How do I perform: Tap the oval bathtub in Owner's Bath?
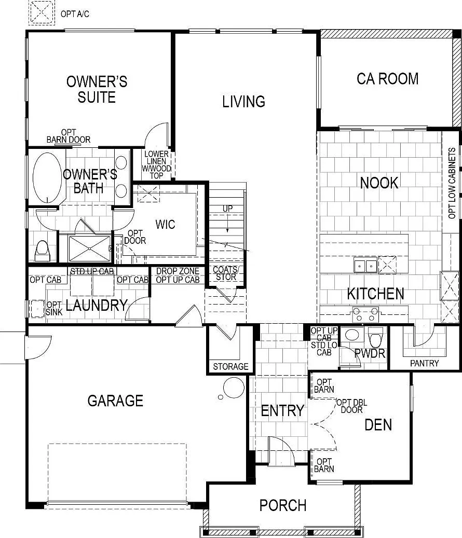pos(47,177)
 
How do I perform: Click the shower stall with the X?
pos(90,249)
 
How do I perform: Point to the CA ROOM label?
pos(388,78)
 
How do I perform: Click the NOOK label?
pos(379,183)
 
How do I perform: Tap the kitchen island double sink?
pos(365,265)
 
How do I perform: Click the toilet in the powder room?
pos(375,338)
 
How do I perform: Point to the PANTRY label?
pos(424,363)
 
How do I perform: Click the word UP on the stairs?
pos(227,208)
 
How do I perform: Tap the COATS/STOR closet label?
pos(226,273)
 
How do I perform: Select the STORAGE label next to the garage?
pos(230,366)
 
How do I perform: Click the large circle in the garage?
pos(234,388)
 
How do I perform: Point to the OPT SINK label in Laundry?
pos(54,309)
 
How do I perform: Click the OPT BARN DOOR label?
pos(69,136)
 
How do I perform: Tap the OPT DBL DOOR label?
pos(352,406)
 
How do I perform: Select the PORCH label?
pos(283,505)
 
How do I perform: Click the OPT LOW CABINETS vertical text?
pos(452,183)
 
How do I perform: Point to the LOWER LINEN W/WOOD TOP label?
pos(157,164)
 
